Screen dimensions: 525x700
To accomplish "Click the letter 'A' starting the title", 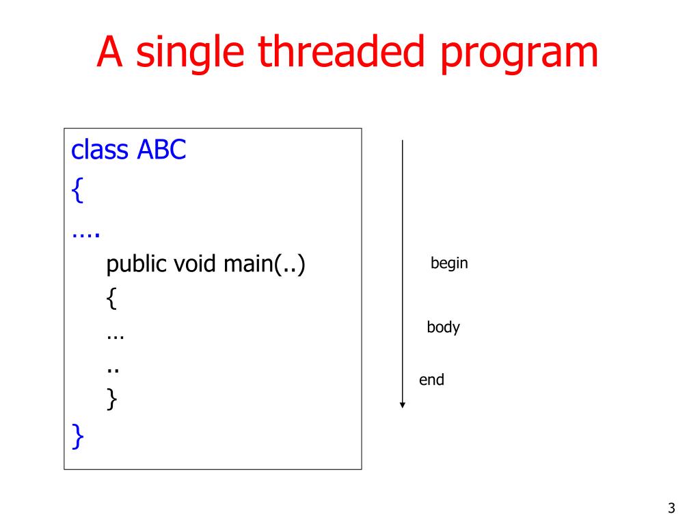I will (x=109, y=53).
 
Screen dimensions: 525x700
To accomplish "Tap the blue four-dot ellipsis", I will (x=85, y=234).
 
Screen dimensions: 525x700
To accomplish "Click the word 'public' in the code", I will (x=136, y=265).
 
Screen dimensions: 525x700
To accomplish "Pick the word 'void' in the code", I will (x=195, y=263).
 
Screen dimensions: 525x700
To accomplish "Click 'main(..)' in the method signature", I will (x=264, y=264).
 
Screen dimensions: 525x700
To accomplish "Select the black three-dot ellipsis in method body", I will (x=115, y=338).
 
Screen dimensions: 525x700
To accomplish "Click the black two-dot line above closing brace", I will (x=113, y=371).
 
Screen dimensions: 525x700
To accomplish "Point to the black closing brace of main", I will (x=111, y=400).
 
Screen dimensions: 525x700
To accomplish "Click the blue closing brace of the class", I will (x=77, y=436).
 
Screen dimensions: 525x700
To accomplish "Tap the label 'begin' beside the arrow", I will (x=449, y=263).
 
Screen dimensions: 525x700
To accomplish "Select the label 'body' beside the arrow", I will (x=443, y=327).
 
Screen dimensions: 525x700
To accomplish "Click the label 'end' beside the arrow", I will (x=431, y=380).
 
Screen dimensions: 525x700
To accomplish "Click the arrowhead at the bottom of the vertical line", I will (x=403, y=405).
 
